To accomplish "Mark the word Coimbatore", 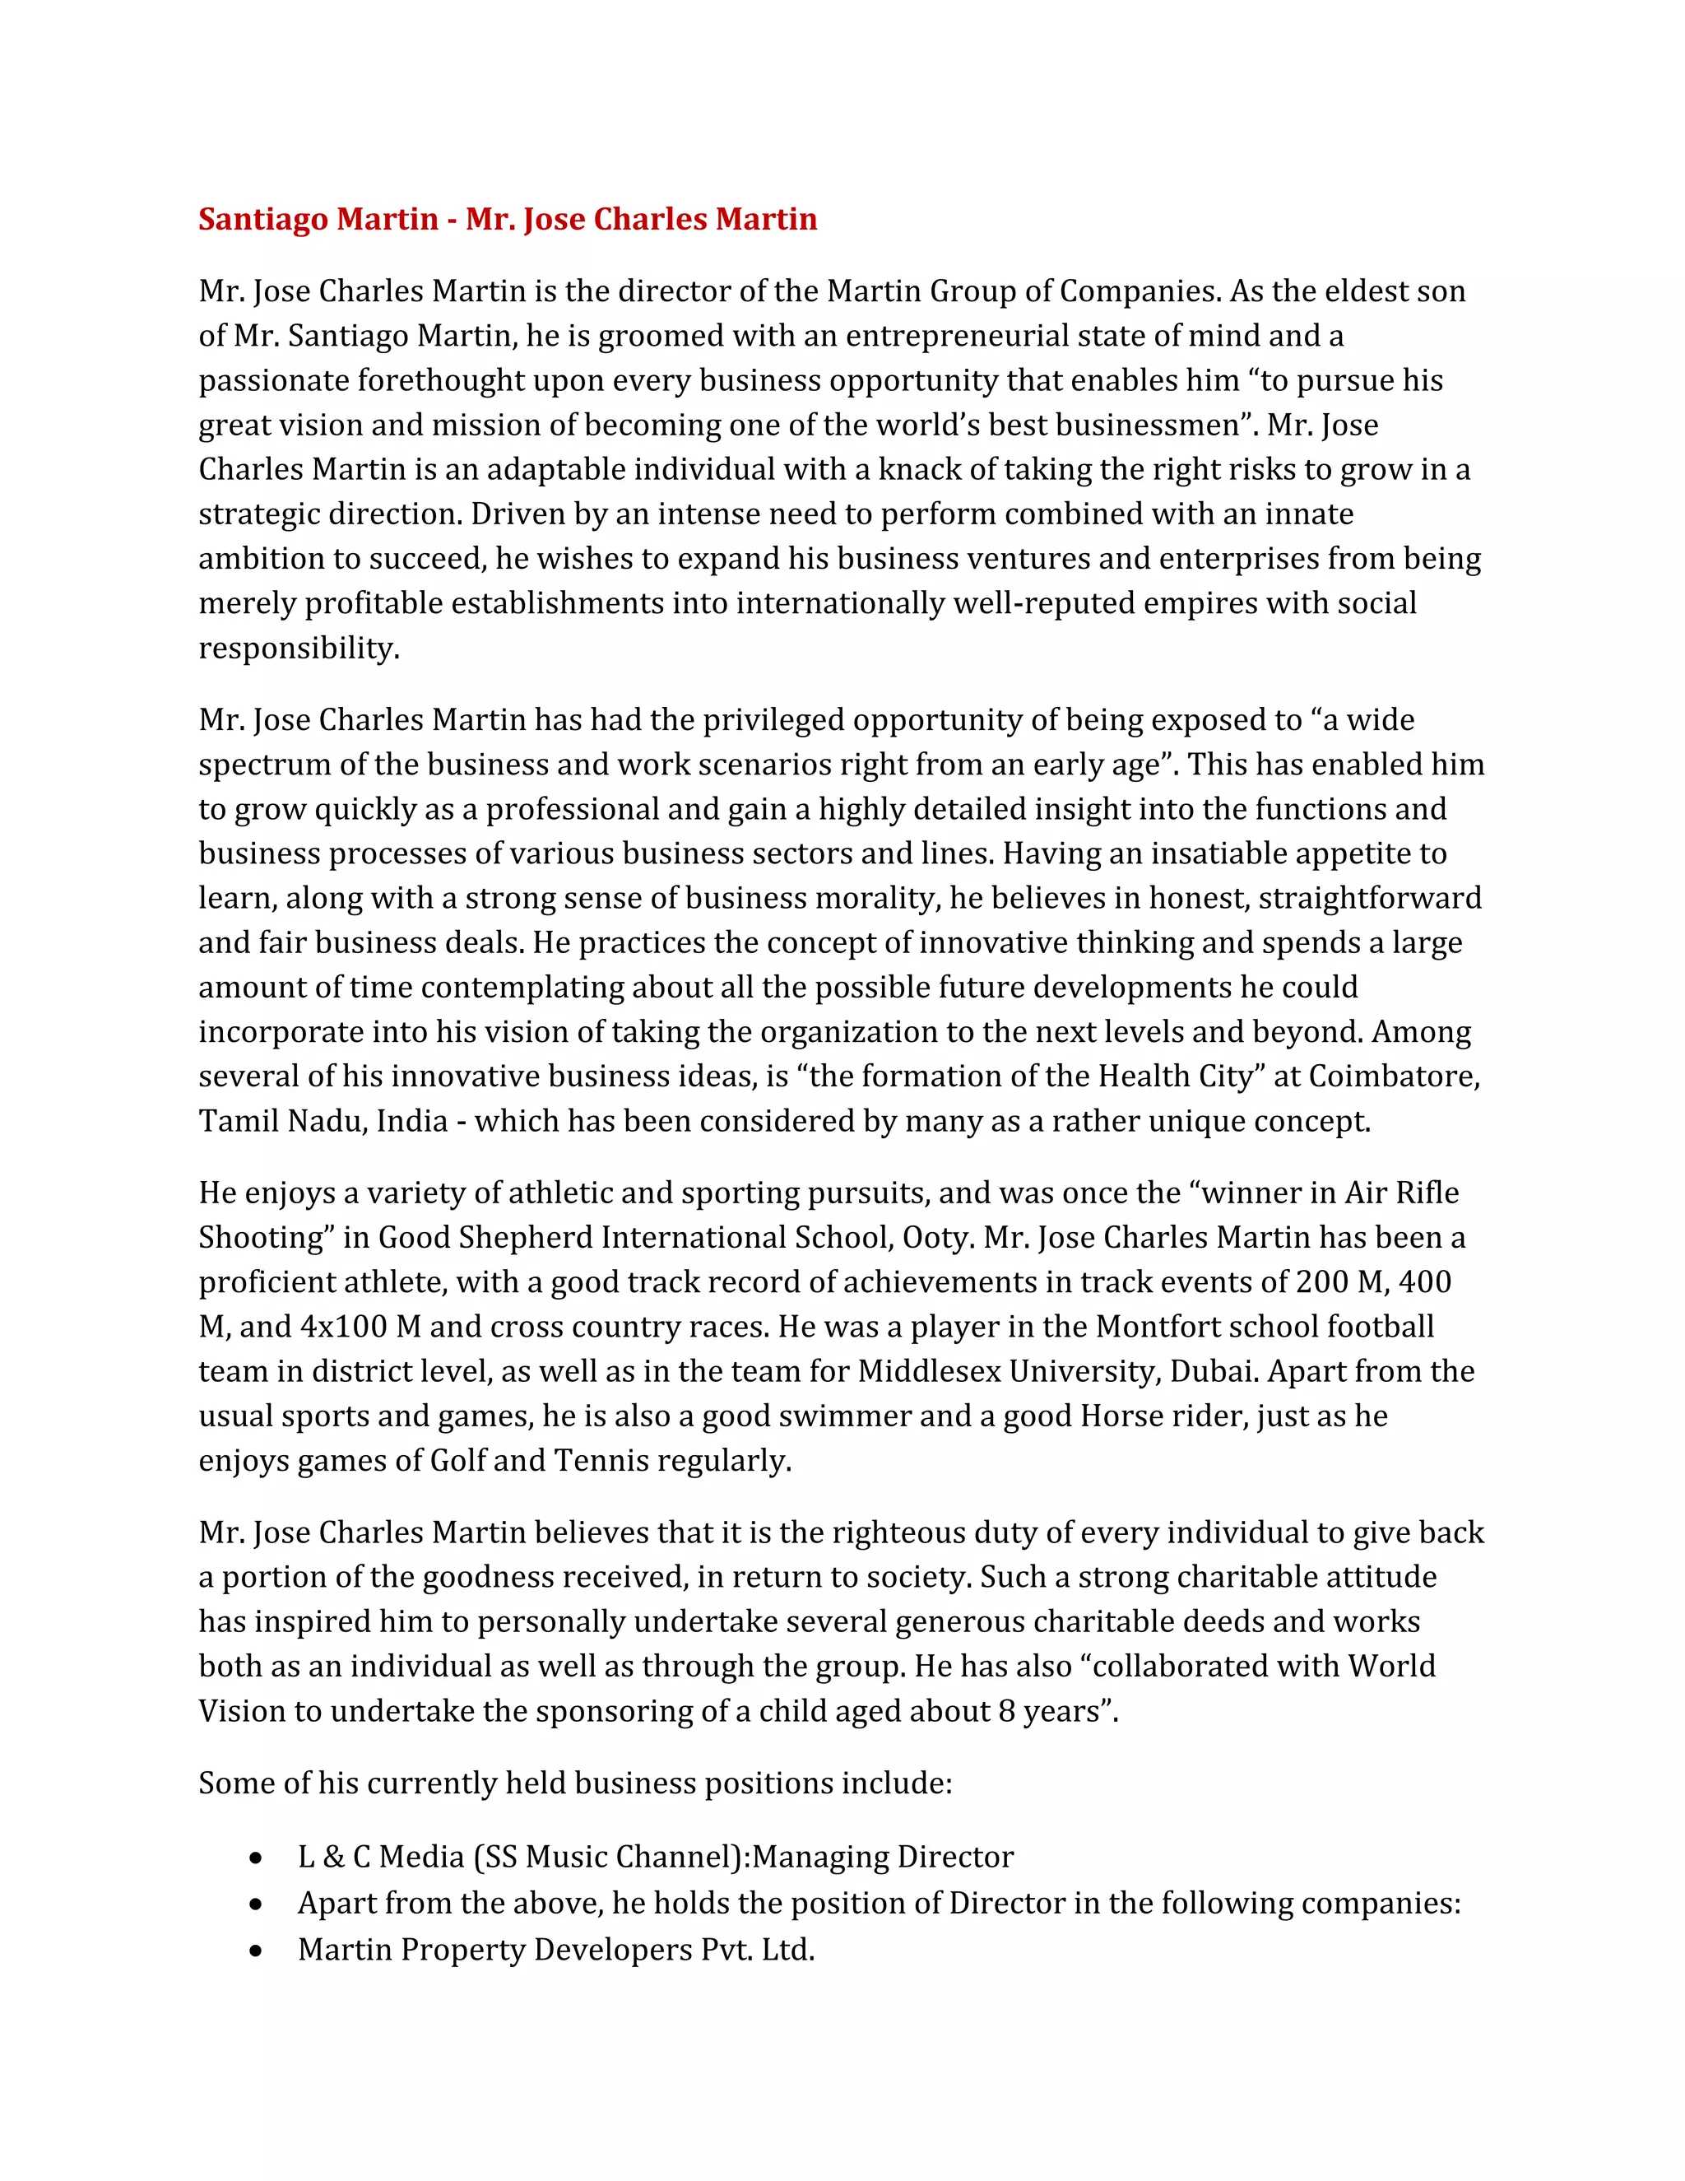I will (x=1394, y=1077).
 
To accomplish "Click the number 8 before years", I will (x=1007, y=1712).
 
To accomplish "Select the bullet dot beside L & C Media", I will (x=258, y=1858).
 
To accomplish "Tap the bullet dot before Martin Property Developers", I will (x=258, y=1951).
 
